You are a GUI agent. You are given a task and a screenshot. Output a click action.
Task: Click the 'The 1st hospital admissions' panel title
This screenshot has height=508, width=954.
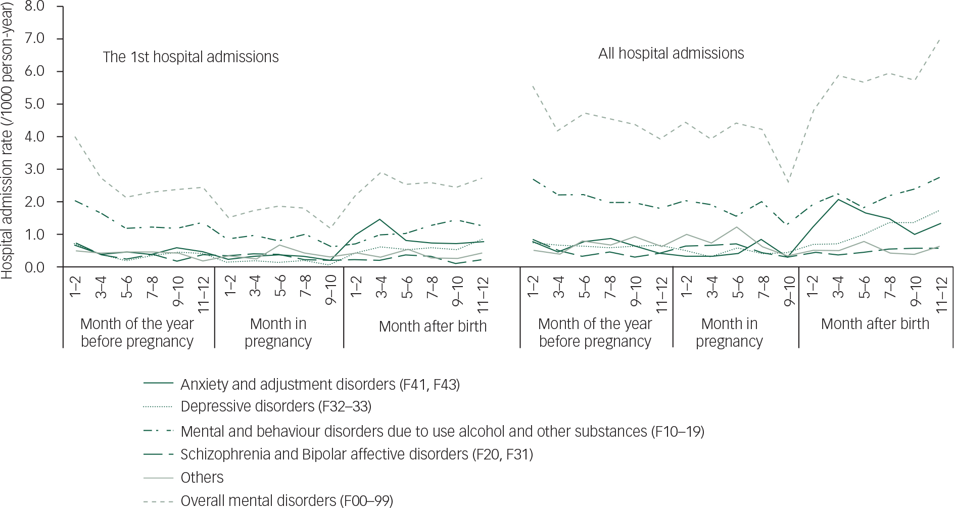coord(190,57)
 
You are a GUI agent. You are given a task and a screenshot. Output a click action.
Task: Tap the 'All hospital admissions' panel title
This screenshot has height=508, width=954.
coord(671,53)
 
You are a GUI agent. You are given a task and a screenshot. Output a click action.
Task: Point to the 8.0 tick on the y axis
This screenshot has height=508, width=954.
coord(34,7)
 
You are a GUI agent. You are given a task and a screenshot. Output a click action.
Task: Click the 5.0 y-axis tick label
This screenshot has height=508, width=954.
coord(34,104)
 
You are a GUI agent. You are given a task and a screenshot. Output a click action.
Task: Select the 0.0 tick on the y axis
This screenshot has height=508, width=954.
coord(34,267)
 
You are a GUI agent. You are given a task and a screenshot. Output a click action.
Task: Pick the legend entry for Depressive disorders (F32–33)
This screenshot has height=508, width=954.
coord(275,406)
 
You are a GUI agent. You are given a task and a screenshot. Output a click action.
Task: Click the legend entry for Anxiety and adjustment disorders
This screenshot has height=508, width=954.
coord(320,385)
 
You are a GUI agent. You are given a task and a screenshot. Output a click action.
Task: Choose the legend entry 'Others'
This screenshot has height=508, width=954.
coord(202,477)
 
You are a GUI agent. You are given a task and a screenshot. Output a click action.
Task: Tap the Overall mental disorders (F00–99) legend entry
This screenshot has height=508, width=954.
coord(287,500)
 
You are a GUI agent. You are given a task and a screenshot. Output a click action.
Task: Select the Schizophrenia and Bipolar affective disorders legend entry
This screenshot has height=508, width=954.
coord(356,454)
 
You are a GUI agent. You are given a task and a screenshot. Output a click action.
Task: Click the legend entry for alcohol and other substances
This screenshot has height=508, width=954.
coord(442,431)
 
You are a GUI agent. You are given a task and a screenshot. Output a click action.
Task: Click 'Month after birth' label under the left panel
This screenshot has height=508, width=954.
coord(433,326)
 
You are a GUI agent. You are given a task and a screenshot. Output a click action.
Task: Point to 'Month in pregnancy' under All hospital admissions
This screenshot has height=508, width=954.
coord(729,332)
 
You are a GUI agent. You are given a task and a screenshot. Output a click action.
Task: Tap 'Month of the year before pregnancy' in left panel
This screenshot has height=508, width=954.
coord(137,332)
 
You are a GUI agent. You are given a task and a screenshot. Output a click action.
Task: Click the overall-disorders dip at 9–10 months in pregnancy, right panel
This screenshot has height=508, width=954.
coord(788,182)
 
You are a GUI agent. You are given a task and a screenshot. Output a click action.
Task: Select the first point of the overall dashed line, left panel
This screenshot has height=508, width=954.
coord(75,136)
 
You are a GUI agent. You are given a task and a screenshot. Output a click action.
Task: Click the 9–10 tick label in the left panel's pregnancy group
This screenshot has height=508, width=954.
coord(331,290)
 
